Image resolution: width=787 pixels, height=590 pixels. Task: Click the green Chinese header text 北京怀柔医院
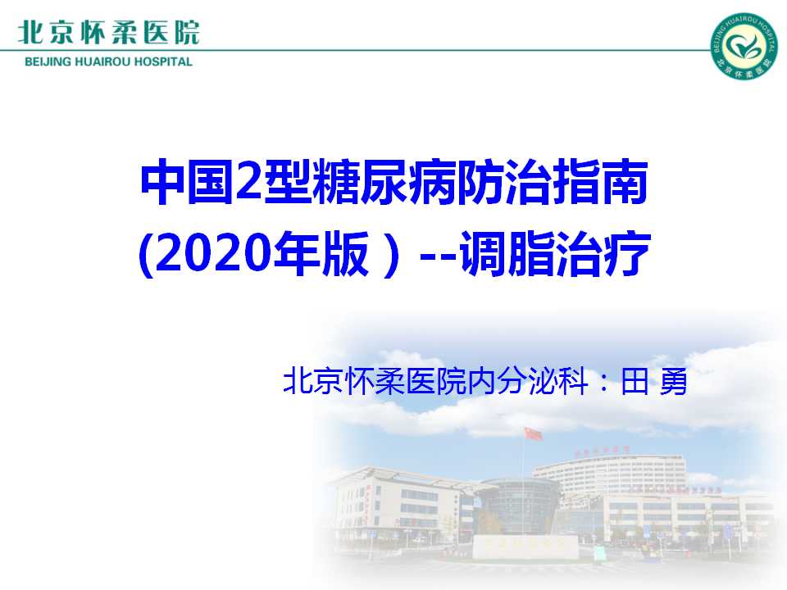[108, 34]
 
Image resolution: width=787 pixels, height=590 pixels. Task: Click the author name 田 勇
[654, 382]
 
